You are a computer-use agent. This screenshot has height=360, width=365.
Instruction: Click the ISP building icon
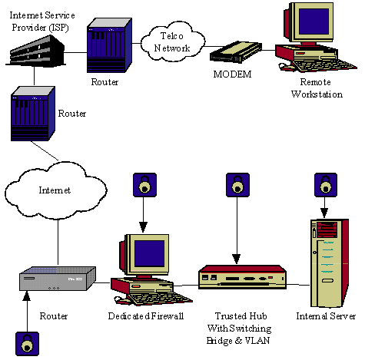tap(35, 51)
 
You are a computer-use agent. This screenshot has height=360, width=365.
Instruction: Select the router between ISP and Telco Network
tap(110, 45)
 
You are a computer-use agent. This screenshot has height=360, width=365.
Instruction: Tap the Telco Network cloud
tap(173, 42)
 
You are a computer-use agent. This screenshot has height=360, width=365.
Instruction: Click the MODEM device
tap(236, 52)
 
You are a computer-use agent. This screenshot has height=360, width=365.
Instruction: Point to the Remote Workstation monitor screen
tap(314, 21)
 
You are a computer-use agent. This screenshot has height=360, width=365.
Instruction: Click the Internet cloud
tap(55, 190)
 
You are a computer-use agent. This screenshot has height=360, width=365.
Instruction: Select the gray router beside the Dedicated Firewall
tap(58, 279)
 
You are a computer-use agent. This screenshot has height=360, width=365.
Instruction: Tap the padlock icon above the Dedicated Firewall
tap(144, 185)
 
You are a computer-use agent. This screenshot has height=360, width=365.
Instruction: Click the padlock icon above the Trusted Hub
tap(237, 185)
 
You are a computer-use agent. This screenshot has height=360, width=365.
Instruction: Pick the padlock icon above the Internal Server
tap(326, 185)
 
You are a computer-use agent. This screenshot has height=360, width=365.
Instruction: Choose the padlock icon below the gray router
tap(28, 344)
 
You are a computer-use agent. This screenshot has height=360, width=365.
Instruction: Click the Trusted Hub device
tap(242, 277)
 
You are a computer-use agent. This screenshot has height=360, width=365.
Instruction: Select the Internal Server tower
tap(330, 263)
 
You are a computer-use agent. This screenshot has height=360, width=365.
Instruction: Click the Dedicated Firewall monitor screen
tap(150, 253)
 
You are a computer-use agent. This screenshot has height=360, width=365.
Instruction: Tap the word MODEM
tap(232, 74)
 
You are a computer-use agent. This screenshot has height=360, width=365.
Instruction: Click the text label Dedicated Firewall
tap(146, 316)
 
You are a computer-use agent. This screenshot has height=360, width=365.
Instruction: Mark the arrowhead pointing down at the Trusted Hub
tap(237, 259)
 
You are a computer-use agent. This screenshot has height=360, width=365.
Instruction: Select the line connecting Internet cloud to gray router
tap(58, 242)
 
